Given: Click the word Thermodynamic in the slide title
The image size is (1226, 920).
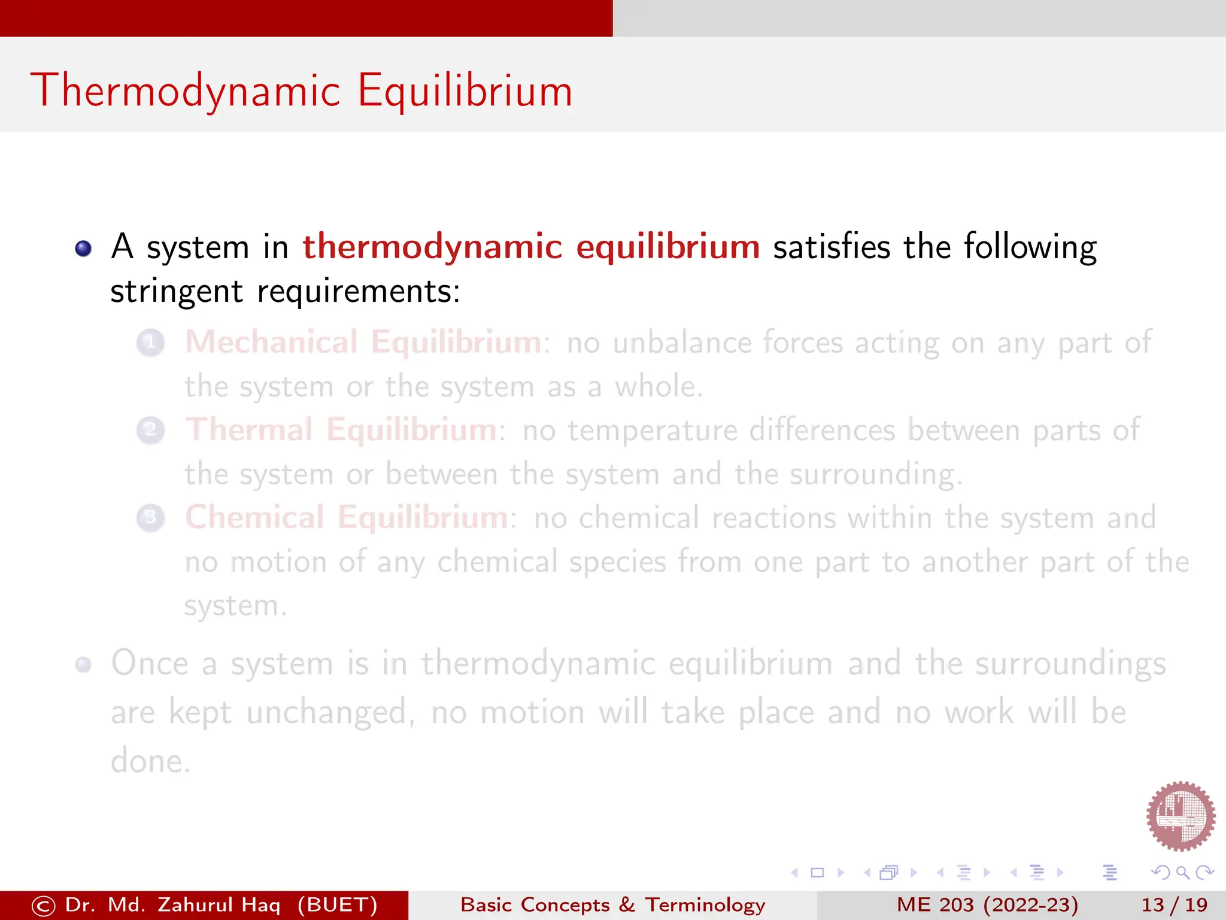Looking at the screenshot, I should point(186,91).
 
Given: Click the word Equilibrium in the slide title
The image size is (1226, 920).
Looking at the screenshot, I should point(465,91).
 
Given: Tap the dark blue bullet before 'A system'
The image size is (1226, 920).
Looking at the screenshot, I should point(83,248).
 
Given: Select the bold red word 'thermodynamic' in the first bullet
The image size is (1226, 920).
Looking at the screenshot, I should point(432,247).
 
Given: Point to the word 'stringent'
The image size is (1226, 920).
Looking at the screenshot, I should point(177,292).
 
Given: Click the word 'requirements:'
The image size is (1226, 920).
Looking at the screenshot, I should point(359,292).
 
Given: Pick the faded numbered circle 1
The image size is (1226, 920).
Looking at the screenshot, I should point(151,343).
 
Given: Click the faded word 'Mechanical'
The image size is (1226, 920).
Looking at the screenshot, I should point(271,342).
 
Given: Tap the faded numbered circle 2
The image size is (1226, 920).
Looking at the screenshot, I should point(151,430).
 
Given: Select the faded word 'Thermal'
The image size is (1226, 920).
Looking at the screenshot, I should point(249,429).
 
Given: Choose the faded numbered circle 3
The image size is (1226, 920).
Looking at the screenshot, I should point(151,517).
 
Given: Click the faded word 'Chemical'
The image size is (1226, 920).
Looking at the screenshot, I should point(254,517).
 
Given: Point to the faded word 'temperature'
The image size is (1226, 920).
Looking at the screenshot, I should point(652,431).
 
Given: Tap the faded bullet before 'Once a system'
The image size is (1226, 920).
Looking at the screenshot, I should point(83,664).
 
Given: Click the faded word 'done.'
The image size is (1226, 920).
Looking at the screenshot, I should point(150,761).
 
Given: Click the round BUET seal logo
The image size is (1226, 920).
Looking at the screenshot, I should point(1180,816).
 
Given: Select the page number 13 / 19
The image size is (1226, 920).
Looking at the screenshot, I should point(1174,904).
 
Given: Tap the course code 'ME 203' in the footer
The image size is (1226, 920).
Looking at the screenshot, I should point(935,904).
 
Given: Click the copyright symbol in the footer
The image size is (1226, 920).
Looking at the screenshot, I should point(44,906).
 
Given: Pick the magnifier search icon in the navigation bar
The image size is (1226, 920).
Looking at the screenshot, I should point(1182,873).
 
